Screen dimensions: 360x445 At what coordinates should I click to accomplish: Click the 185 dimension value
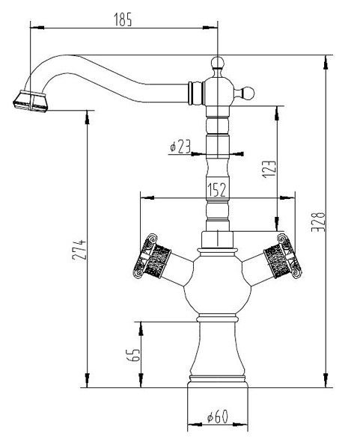pyautogui.click(x=123, y=19)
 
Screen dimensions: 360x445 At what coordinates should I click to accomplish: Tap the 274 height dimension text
pyautogui.click(x=79, y=250)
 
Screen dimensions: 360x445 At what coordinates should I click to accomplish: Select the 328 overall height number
pyautogui.click(x=318, y=221)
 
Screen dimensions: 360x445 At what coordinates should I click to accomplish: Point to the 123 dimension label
pyautogui.click(x=269, y=170)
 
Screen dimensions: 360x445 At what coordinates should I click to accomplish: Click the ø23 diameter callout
pyautogui.click(x=180, y=147)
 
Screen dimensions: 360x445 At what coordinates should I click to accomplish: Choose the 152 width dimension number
pyautogui.click(x=217, y=189)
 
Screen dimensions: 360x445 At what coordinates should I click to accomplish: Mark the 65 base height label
pyautogui.click(x=133, y=355)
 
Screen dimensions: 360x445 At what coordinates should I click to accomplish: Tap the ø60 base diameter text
pyautogui.click(x=218, y=417)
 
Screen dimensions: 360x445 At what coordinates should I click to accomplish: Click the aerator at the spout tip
pyautogui.click(x=31, y=101)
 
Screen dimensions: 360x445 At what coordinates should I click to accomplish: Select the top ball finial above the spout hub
pyautogui.click(x=218, y=64)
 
